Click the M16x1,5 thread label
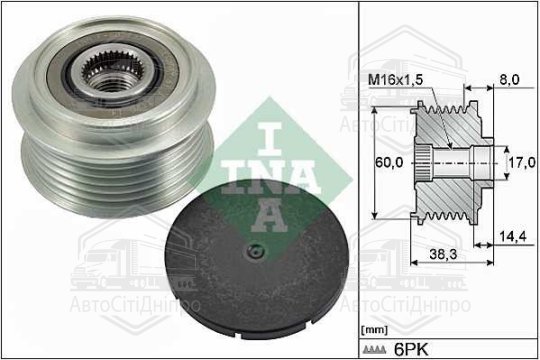coord(396,80)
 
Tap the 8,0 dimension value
coord(509,80)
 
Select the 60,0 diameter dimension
coord(389,162)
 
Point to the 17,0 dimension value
coord(522,162)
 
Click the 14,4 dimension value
coord(513,237)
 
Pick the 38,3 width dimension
coord(443,254)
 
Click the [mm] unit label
coord(374,330)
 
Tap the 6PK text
coord(411,350)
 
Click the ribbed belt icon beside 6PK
coord(375,350)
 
